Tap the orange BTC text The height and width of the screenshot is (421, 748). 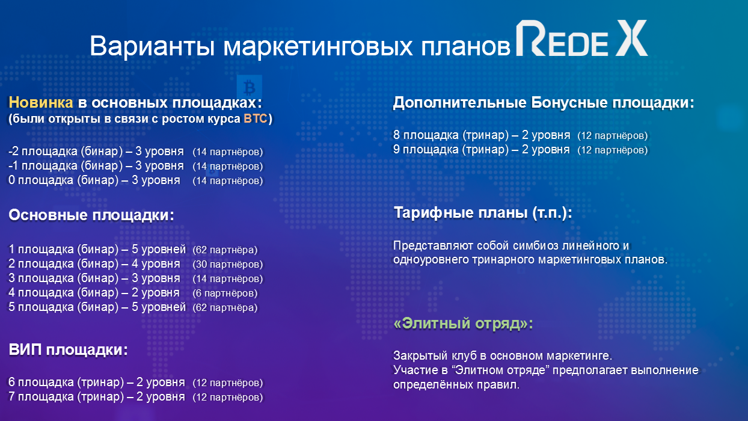pos(256,118)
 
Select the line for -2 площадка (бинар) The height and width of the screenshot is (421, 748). pos(135,152)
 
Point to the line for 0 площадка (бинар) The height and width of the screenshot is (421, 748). pos(135,180)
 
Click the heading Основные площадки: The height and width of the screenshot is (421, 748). pos(91,216)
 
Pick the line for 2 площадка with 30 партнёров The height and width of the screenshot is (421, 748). pos(135,264)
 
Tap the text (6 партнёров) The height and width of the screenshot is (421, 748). pos(225,293)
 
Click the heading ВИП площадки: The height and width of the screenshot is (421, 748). pos(68,350)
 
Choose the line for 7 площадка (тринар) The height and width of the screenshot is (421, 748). pos(135,398)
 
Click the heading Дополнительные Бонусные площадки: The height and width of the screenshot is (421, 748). pos(544,103)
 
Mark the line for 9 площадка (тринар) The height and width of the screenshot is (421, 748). pos(520,149)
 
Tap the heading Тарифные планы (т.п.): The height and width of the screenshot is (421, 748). pos(483,213)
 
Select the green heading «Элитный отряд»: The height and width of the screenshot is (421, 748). pos(464,324)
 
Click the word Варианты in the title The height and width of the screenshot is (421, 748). pos(153,46)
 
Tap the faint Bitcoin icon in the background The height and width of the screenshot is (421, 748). pos(247,83)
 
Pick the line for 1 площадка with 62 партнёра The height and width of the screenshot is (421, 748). pos(132,250)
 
